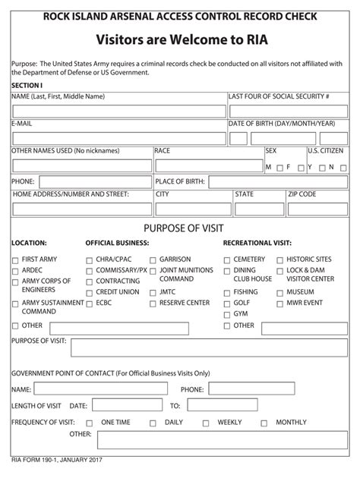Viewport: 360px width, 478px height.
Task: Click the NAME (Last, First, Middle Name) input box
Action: (x=118, y=112)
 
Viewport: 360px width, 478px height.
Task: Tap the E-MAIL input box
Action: (x=118, y=138)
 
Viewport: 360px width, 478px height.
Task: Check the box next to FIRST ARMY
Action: (x=16, y=260)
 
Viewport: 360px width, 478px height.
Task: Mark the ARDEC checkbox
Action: (x=16, y=271)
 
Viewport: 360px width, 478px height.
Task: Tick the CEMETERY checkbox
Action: (x=227, y=260)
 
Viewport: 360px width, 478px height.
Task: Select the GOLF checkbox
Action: (x=227, y=303)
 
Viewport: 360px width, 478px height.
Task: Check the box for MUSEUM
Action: (x=279, y=292)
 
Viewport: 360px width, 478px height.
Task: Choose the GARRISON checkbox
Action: (x=153, y=260)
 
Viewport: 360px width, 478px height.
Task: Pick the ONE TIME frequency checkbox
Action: (x=90, y=423)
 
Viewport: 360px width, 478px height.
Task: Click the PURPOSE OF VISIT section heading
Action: (x=179, y=228)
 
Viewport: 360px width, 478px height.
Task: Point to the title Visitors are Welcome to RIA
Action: (x=180, y=39)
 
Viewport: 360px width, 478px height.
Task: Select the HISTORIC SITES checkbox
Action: (x=279, y=260)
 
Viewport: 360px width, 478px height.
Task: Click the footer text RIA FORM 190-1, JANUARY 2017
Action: (x=57, y=461)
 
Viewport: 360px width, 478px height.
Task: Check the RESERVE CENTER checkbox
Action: (x=153, y=303)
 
